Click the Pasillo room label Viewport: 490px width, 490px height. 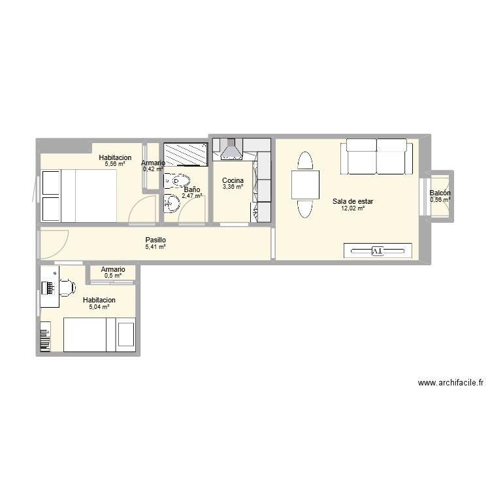pyautogui.click(x=155, y=240)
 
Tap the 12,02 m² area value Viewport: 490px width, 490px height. pyautogui.click(x=352, y=208)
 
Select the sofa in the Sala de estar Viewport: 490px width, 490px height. pyautogui.click(x=377, y=157)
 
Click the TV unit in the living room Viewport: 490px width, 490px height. pyautogui.click(x=378, y=251)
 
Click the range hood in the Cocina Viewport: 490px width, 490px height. pyautogui.click(x=230, y=150)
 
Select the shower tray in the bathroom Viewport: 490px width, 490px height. pyautogui.click(x=185, y=155)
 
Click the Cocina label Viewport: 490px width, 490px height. pyautogui.click(x=233, y=180)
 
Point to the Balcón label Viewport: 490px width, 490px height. pyautogui.click(x=440, y=193)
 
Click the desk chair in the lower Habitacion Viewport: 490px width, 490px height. pyautogui.click(x=66, y=286)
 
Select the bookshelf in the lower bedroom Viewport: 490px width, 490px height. pyautogui.click(x=44, y=336)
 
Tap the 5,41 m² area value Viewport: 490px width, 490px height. pyautogui.click(x=155, y=247)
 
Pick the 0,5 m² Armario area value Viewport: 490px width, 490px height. pyautogui.click(x=113, y=276)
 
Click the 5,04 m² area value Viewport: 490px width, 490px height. pyautogui.click(x=100, y=306)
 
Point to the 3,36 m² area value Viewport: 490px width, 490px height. pyautogui.click(x=233, y=187)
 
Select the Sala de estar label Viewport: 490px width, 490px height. pyautogui.click(x=353, y=201)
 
